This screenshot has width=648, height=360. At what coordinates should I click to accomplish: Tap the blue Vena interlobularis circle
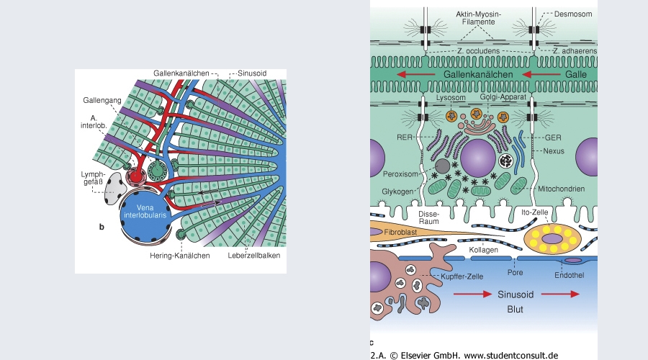tap(147, 215)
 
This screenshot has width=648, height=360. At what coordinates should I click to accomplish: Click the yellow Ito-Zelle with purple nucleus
tap(554, 238)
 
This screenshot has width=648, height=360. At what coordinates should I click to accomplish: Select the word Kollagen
tap(484, 248)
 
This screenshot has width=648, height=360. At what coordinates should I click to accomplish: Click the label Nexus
tap(555, 151)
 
